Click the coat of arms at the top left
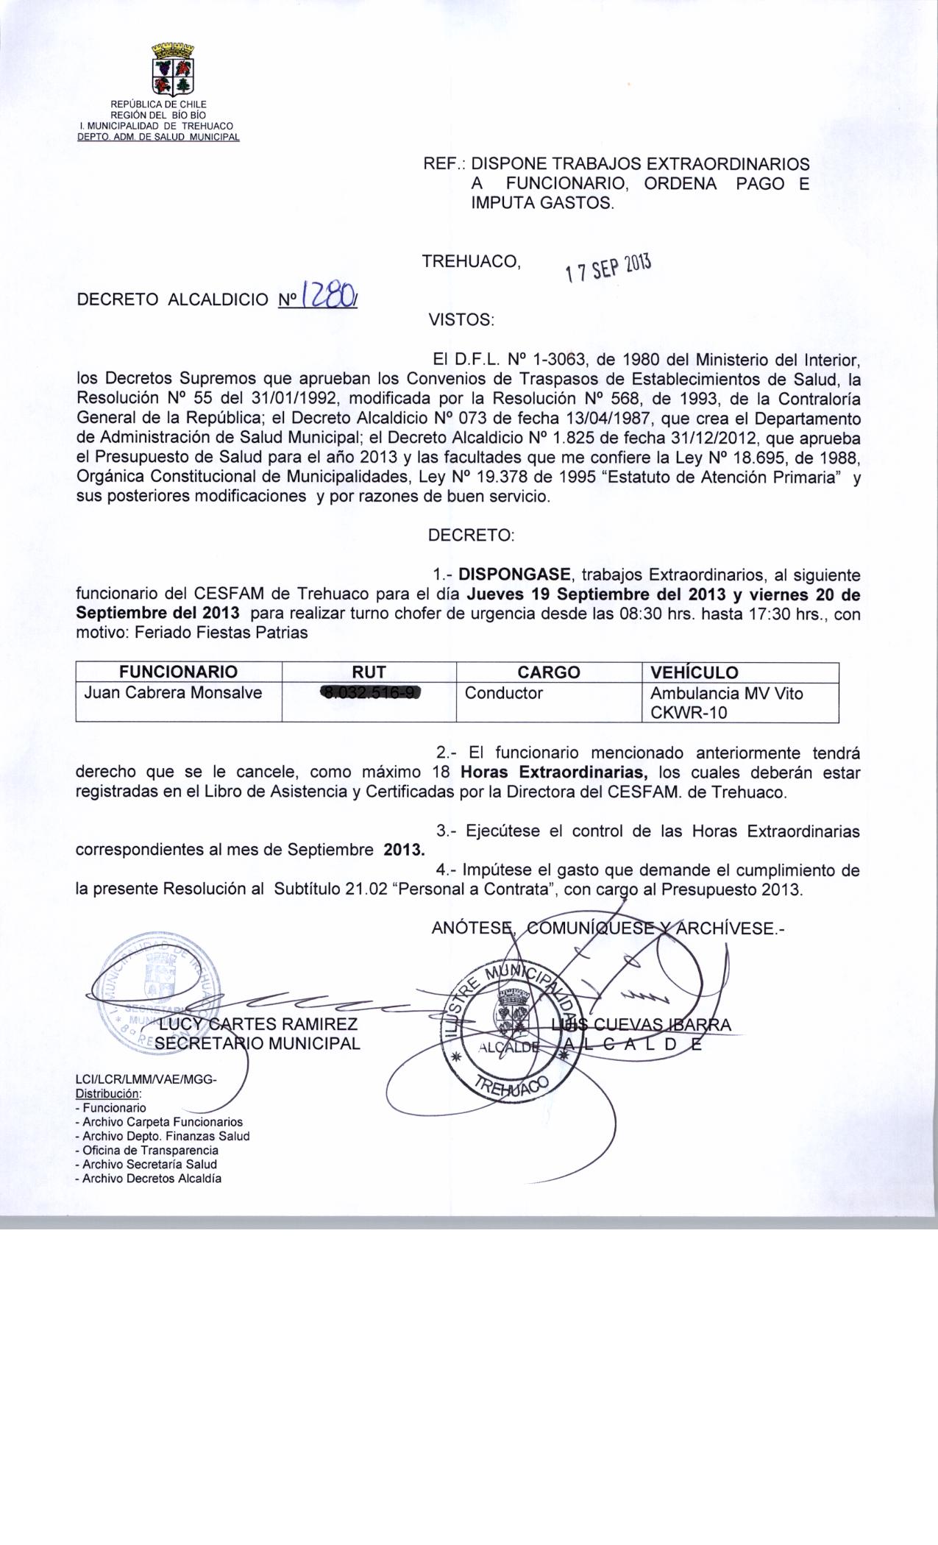click(x=172, y=70)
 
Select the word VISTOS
click(x=461, y=320)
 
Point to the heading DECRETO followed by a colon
click(x=471, y=536)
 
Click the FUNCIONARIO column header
click(x=179, y=672)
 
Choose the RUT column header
click(x=369, y=672)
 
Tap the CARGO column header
click(x=548, y=672)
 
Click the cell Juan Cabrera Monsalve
click(x=174, y=692)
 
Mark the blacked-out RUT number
click(x=370, y=693)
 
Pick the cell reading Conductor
click(x=504, y=693)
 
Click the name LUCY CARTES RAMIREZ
click(x=258, y=1024)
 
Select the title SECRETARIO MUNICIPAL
click(x=257, y=1043)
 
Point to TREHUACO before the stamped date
click(x=471, y=261)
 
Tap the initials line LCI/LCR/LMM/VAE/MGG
click(x=146, y=1079)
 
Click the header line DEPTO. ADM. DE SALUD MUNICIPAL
click(x=158, y=136)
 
